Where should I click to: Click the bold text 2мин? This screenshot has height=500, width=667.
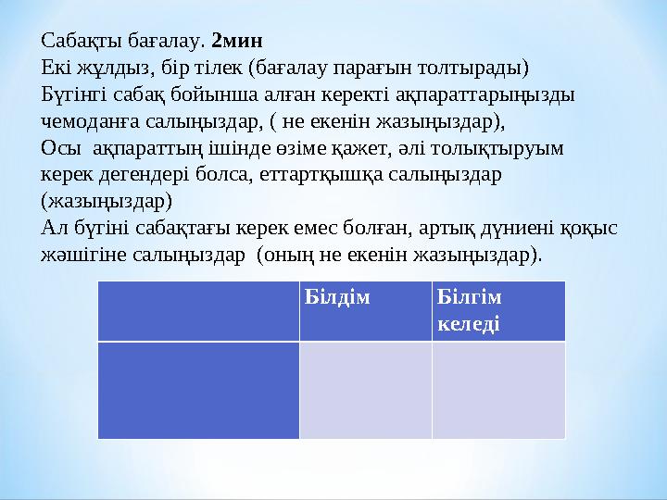point(238,41)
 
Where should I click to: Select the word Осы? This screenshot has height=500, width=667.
point(57,147)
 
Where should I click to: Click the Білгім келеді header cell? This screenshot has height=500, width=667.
point(497,309)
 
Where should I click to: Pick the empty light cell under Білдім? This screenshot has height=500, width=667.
point(365,390)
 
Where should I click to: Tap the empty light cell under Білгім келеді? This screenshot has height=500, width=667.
point(497,390)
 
